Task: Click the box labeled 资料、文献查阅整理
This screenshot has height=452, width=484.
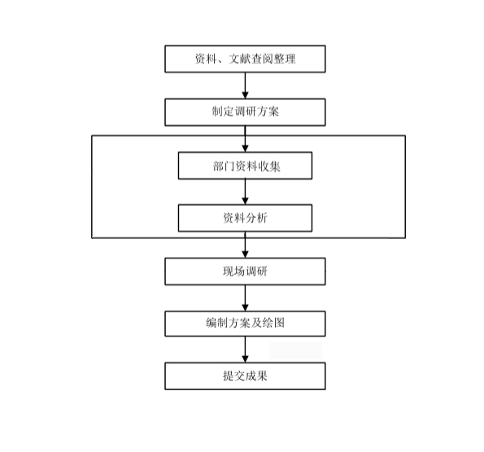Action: tap(245, 59)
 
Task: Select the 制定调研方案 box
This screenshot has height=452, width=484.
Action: tap(245, 112)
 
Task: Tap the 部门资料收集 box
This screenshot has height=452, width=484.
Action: tap(245, 166)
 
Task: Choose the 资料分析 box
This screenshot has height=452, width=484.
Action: tap(245, 218)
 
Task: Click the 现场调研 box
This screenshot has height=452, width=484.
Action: tap(245, 272)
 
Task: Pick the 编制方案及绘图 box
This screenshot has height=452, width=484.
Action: tap(245, 324)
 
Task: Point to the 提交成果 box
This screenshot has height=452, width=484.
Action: tap(245, 376)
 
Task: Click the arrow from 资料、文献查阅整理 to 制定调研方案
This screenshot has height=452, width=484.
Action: tap(245, 86)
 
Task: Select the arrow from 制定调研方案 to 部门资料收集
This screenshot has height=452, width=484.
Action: tap(245, 139)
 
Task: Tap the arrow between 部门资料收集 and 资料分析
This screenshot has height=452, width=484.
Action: tap(245, 192)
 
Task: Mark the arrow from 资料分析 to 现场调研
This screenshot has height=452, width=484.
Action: tap(245, 245)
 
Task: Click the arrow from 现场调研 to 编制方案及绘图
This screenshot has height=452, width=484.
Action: tap(245, 298)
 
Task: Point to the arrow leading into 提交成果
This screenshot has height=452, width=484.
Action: tap(245, 350)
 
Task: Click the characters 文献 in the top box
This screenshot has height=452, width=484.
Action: tap(239, 59)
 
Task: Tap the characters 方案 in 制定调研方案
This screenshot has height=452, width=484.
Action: tap(268, 111)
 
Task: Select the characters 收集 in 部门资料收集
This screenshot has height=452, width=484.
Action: tap(269, 167)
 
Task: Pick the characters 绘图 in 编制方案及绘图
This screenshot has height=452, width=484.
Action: tap(273, 323)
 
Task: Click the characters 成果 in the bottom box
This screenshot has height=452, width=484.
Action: tap(256, 376)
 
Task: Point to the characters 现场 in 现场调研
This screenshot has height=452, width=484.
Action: tap(234, 272)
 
